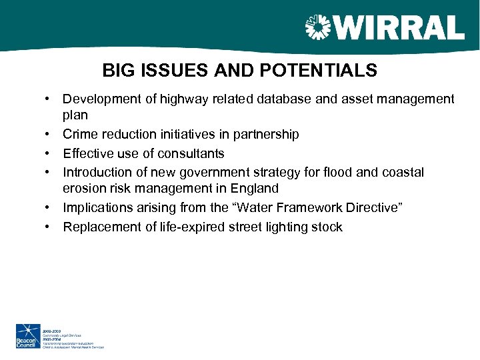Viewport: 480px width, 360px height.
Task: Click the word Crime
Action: pos(81,135)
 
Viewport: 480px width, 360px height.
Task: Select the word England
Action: pos(255,189)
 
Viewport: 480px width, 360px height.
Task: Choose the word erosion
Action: pos(84,189)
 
